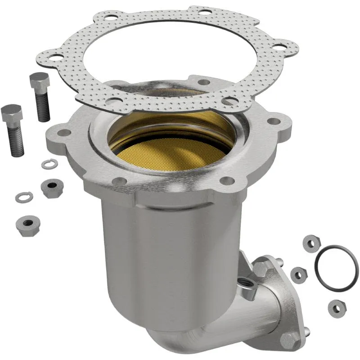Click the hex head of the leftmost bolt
coord(11,114)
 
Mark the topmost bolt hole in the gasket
coord(205,13)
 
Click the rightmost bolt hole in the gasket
coord(279,46)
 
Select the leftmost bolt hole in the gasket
coord(55,57)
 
